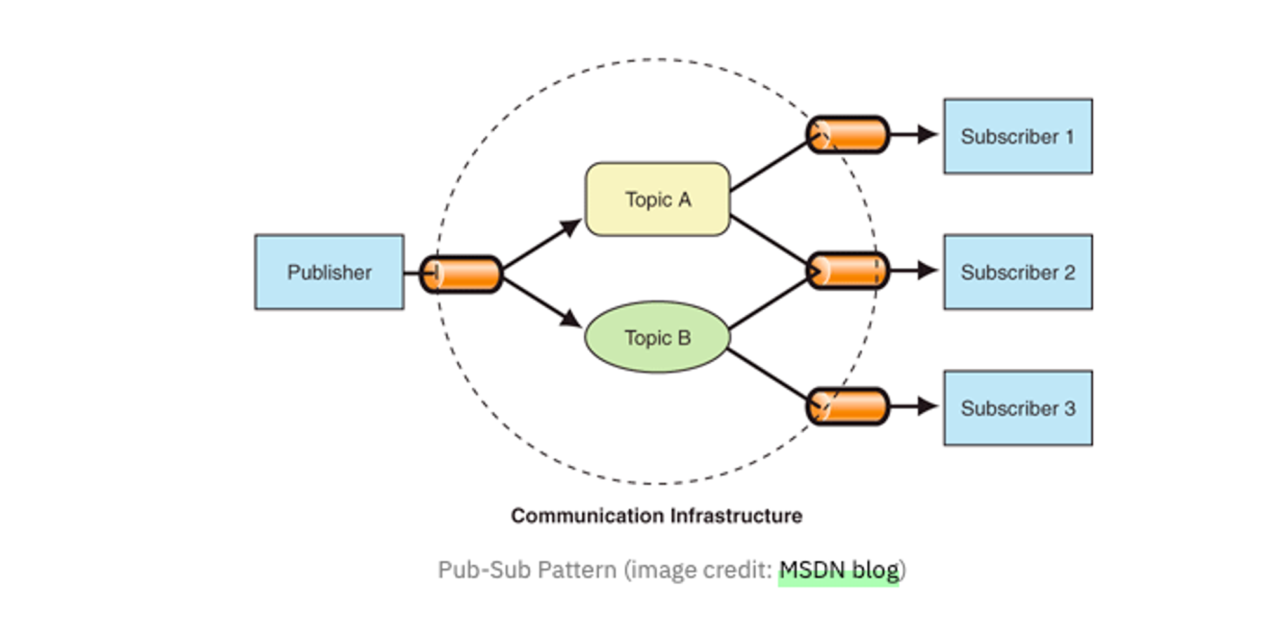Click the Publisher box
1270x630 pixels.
coord(329,272)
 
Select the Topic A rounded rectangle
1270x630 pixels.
coord(657,199)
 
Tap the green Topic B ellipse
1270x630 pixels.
coord(657,338)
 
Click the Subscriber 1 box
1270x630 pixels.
coord(1017,136)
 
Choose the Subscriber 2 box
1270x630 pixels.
coord(1017,272)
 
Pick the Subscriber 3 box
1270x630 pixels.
coord(1017,408)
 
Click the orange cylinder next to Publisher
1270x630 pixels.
coord(462,274)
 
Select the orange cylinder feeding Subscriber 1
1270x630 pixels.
coord(848,135)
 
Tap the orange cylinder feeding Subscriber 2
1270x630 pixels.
coord(848,271)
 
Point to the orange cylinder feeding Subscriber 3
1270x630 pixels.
coord(848,406)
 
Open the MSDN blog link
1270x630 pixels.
coord(839,570)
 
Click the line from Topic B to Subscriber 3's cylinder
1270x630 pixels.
coord(767,374)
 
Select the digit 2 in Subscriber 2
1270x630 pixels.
coord(1069,273)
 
